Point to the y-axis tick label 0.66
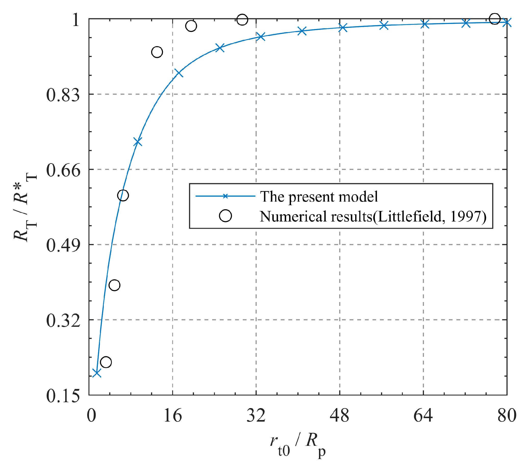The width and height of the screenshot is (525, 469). click(x=63, y=170)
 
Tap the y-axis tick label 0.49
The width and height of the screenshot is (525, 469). click(x=63, y=245)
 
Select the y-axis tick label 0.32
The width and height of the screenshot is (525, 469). click(x=63, y=321)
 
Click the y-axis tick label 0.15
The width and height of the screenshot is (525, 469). click(x=63, y=396)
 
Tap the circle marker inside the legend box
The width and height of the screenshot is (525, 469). click(x=225, y=216)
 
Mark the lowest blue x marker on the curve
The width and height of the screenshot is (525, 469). click(x=97, y=373)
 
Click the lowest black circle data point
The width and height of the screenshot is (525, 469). click(x=106, y=362)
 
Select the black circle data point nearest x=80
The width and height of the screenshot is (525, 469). click(x=494, y=19)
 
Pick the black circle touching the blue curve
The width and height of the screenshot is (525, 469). click(x=123, y=195)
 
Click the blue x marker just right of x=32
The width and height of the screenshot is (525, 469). click(x=261, y=37)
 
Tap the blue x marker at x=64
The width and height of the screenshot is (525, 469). click(x=425, y=24)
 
